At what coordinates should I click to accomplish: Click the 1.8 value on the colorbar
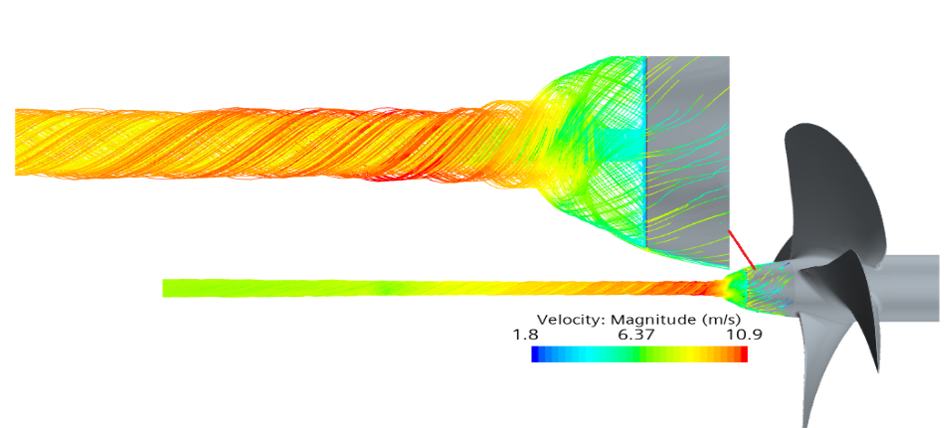[x=526, y=335]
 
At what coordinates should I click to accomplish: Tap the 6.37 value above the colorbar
[x=636, y=335]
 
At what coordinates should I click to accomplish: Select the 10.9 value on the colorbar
[x=744, y=335]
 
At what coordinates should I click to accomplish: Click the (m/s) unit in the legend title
[x=722, y=320]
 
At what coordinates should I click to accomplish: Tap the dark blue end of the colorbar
[x=535, y=354]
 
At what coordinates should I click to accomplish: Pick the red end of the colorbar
[x=744, y=354]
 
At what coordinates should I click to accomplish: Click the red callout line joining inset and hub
[x=742, y=249]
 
